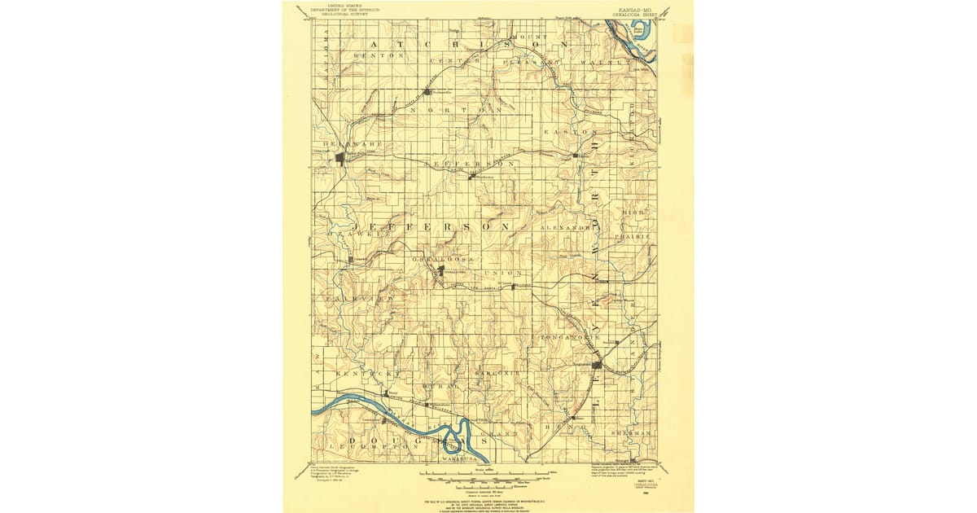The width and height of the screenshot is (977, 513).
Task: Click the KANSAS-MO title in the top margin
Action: coord(636,8)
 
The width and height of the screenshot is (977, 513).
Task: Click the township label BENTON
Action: coord(379,55)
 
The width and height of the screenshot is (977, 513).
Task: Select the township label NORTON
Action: coord(457,109)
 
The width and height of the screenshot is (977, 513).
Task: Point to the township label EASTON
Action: coord(576,131)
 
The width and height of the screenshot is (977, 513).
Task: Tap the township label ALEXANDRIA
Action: coord(565,229)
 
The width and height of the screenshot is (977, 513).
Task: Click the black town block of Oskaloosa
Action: coord(440,271)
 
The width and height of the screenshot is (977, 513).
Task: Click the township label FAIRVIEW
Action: coord(354,300)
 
